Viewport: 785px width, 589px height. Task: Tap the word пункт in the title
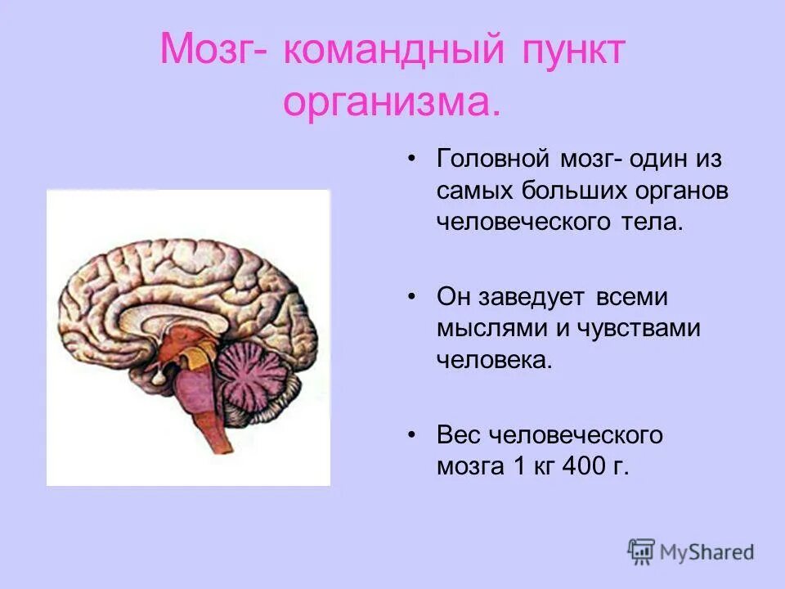[x=578, y=52]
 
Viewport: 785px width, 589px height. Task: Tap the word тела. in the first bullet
[x=654, y=223]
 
